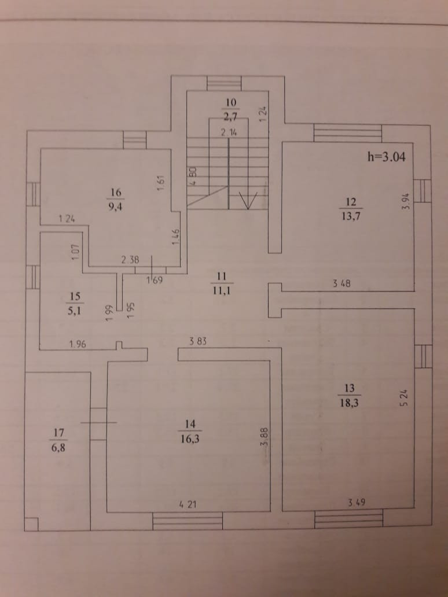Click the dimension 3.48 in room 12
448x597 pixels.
(x=343, y=283)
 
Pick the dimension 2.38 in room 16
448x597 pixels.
(x=130, y=261)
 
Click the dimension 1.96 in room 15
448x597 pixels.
(x=78, y=345)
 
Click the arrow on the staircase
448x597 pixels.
(x=249, y=200)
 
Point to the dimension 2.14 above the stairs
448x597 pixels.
(x=230, y=132)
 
